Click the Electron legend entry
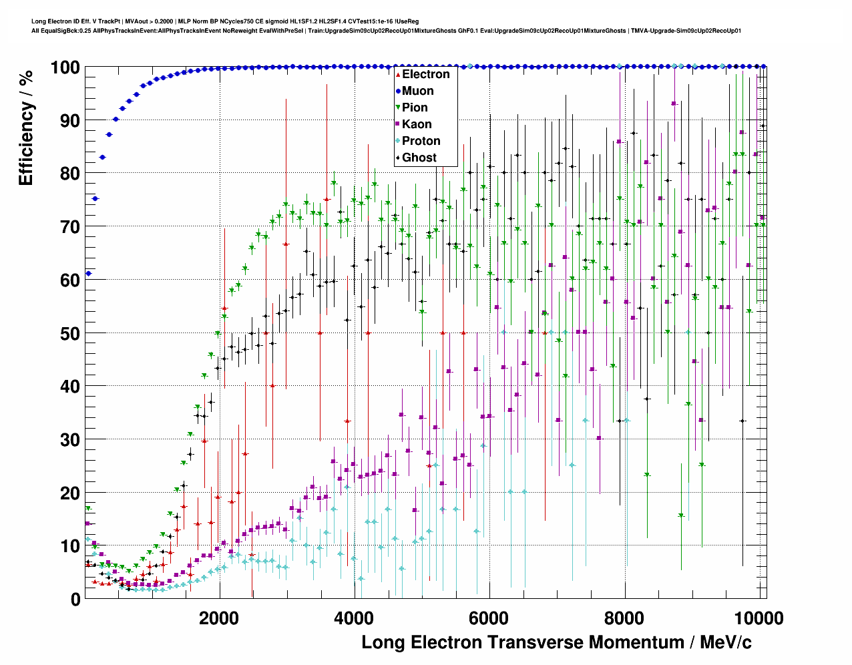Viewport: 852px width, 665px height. (425, 74)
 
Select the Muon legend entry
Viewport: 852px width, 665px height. (417, 91)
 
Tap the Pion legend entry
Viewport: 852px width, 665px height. (415, 107)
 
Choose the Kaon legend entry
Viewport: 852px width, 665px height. (417, 124)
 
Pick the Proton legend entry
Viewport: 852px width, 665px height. (421, 141)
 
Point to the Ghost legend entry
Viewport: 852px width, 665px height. (419, 158)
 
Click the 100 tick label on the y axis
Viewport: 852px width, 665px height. (65, 67)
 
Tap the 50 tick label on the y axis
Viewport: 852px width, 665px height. (69, 333)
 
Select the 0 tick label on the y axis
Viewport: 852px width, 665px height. (75, 600)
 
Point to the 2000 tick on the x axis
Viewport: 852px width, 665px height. (218, 618)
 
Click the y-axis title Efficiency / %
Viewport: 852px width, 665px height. (25, 128)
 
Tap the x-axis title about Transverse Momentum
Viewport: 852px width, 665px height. (556, 642)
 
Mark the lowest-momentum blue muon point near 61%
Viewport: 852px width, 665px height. (88, 274)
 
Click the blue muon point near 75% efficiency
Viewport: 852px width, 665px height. (95, 198)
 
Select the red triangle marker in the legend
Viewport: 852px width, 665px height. (398, 74)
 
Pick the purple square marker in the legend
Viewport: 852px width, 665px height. (398, 124)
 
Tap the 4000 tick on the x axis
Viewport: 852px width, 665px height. (353, 618)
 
